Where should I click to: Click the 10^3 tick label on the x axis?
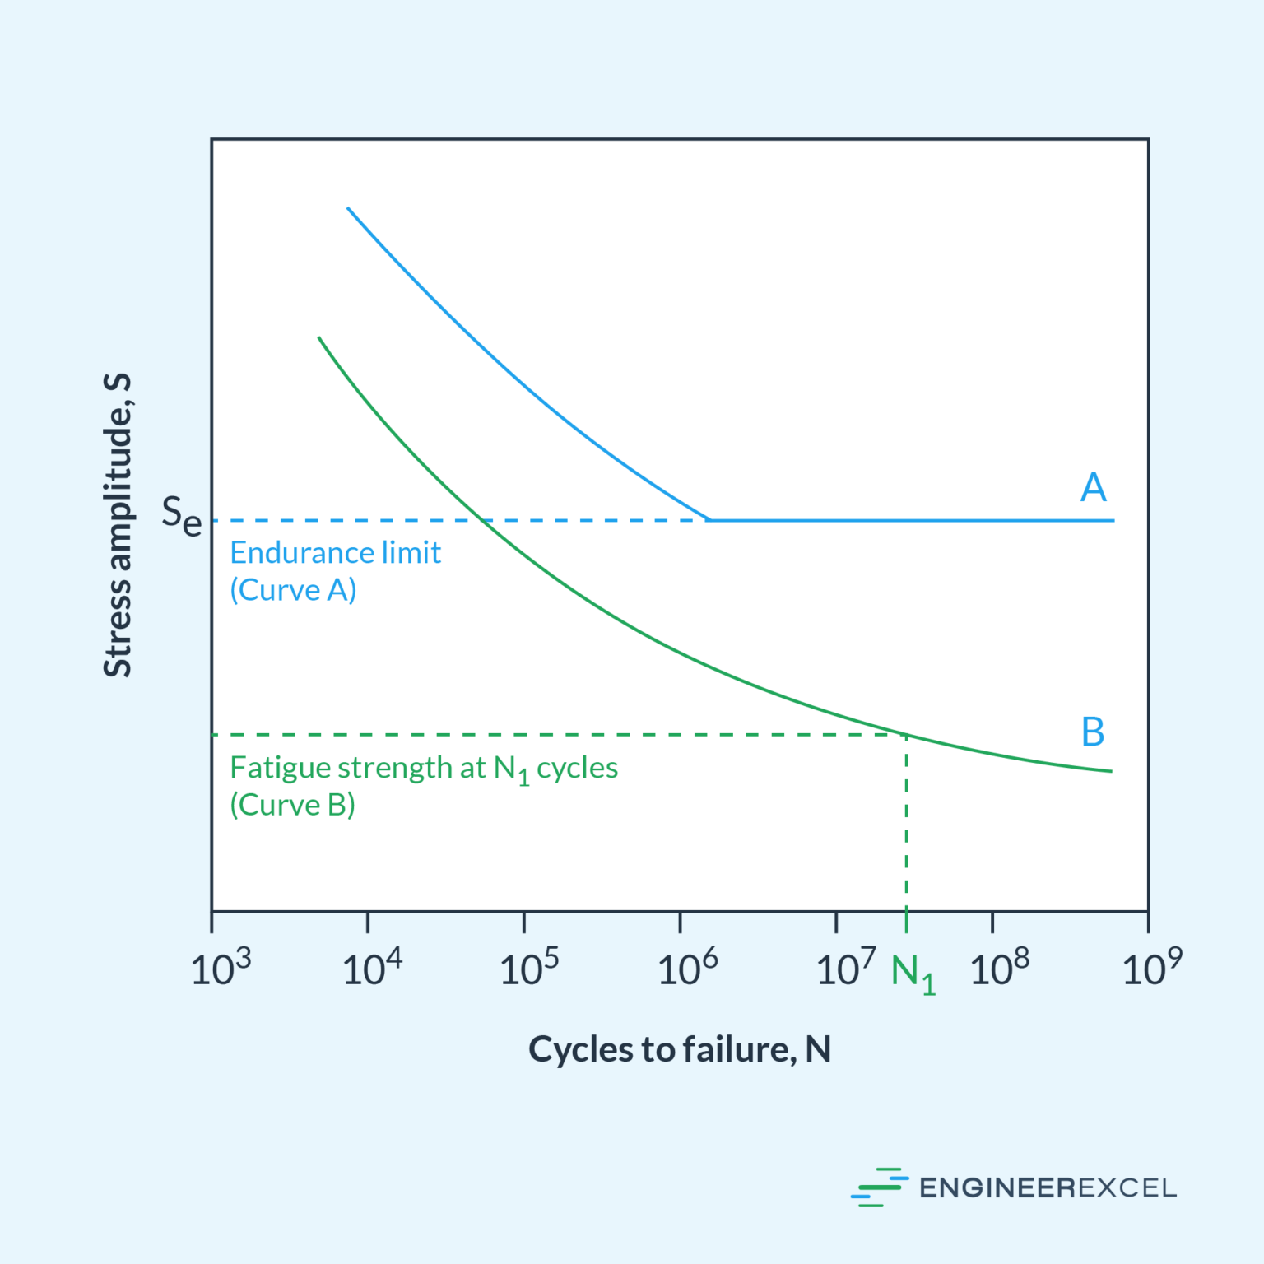tap(221, 968)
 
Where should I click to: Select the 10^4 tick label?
tap(372, 968)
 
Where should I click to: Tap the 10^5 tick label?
tap(529, 968)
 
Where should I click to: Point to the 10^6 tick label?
tap(687, 968)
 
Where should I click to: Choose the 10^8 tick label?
tap(999, 968)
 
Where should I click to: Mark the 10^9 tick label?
tap(1151, 968)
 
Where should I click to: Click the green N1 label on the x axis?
tap(913, 974)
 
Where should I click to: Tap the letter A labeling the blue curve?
tap(1093, 487)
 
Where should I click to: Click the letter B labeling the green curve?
tap(1093, 732)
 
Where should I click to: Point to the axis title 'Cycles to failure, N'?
tap(679, 1049)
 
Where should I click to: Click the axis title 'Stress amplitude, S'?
tap(118, 525)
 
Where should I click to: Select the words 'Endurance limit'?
tap(335, 552)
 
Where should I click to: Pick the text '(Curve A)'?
tap(293, 590)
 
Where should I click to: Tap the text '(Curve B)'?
tap(292, 805)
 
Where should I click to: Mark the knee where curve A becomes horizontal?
tap(709, 520)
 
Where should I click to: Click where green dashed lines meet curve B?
tap(906, 734)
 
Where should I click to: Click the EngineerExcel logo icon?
tap(879, 1187)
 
